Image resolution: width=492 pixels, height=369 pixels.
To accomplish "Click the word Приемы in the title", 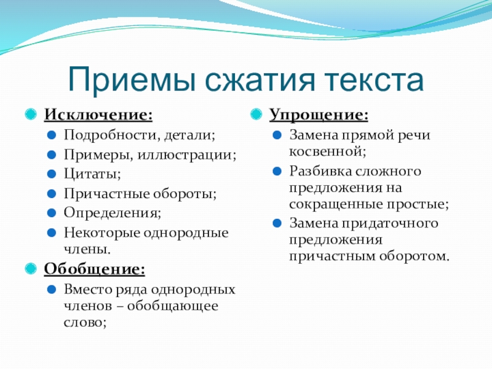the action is tap(132, 80).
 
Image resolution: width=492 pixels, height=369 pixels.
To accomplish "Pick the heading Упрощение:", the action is tap(319, 115).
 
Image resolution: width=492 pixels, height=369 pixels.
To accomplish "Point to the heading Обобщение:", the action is tap(95, 269).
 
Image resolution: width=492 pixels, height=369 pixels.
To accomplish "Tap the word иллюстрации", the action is tap(186, 155).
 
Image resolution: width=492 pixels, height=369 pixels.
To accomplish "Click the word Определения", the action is tap(111, 213).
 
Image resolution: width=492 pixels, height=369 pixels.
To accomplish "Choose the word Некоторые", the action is tap(102, 233).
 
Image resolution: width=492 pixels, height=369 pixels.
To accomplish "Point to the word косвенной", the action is tap(326, 151).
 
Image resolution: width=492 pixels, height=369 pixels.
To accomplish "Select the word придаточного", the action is tap(390, 223).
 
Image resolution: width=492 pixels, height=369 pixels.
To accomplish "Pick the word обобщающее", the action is tap(173, 306).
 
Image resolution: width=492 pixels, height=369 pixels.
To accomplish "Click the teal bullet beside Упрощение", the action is tap(256, 114).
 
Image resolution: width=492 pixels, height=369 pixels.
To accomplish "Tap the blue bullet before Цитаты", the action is tap(52, 174).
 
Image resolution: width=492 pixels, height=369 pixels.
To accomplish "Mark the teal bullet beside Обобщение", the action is tap(31, 269).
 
